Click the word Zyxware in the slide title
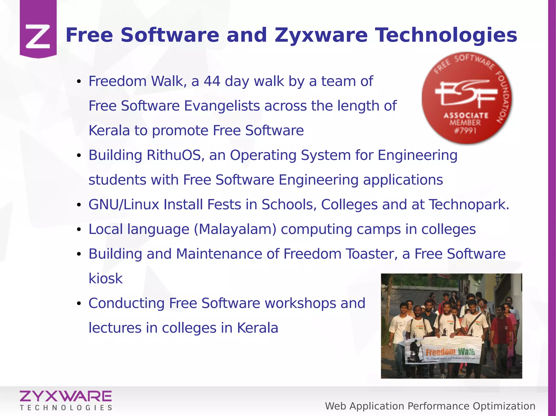coord(321,36)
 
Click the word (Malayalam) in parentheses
coord(235,230)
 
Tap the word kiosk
coord(106,279)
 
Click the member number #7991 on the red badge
coord(466,131)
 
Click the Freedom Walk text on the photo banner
coord(450,352)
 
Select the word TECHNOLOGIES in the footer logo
coord(66,408)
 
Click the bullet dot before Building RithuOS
coord(79,156)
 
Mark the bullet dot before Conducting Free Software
coord(79,304)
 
